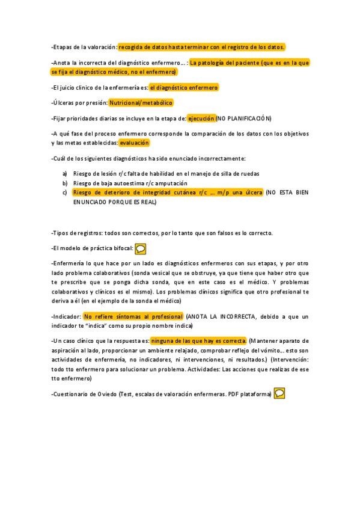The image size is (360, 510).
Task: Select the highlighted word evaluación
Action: pos(133,143)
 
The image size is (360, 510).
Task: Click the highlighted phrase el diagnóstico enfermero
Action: pos(184,87)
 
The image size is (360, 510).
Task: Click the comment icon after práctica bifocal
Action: pos(140,248)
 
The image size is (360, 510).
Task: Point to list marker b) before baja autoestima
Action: pos(65,183)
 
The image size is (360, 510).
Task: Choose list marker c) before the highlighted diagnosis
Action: pos(65,192)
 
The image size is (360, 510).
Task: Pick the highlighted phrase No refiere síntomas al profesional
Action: pos(133,316)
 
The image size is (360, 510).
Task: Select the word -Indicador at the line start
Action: pos(66,316)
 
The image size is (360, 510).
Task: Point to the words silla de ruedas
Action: pos(240,174)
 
